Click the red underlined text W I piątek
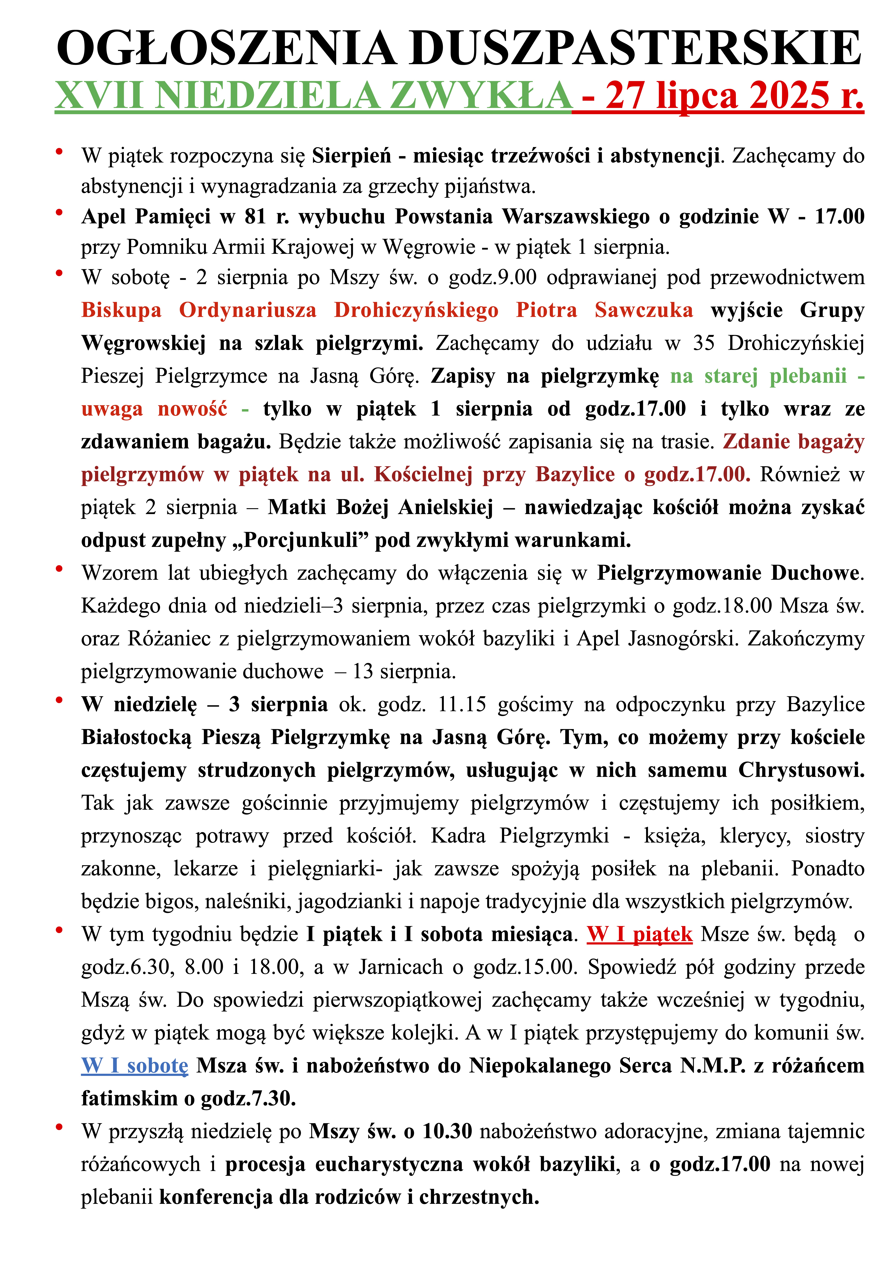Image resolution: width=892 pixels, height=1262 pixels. point(639,934)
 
